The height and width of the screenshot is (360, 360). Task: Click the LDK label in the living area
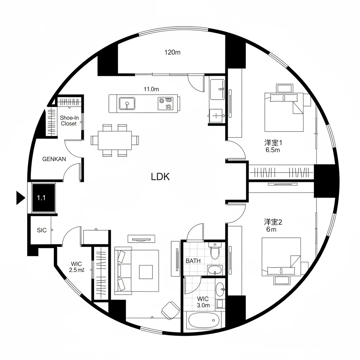(160, 176)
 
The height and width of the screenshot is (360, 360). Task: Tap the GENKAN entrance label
(54, 159)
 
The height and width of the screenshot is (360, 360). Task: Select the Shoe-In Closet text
(69, 121)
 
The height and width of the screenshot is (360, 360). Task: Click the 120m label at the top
(172, 52)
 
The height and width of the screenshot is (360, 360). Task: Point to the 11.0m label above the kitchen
(151, 89)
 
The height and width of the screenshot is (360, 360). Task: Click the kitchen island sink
(126, 103)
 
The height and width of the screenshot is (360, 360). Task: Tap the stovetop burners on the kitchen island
(166, 103)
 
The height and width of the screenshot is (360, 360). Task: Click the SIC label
(41, 231)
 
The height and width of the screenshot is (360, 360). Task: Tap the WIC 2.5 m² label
(76, 267)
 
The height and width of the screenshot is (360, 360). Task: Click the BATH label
(193, 261)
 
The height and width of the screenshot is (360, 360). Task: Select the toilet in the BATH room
(214, 250)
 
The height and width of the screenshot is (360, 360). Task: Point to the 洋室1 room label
(273, 143)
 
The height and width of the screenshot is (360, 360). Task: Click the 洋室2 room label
(273, 222)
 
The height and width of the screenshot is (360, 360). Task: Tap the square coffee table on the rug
(146, 271)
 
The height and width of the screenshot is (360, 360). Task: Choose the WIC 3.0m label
(203, 302)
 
